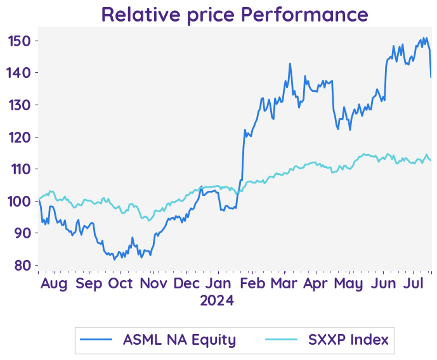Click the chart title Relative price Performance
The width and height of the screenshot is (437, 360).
[x=234, y=13]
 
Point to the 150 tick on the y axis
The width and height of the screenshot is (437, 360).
[x=20, y=41]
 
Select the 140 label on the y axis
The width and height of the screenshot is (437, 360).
[x=20, y=73]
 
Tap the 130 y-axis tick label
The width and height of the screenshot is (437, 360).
[x=20, y=105]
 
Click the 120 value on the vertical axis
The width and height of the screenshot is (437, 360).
[x=20, y=137]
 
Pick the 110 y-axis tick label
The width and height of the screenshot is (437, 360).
[x=20, y=169]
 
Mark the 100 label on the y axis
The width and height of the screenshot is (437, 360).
[x=20, y=201]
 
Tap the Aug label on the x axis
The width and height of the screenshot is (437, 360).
[x=54, y=283]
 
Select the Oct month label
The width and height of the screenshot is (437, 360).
[x=121, y=283]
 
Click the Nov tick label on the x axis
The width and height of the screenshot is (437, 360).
[x=154, y=283]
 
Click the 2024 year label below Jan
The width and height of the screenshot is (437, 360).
[x=218, y=300]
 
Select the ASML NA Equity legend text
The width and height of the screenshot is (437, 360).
[x=179, y=340]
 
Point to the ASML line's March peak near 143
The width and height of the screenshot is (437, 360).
[x=290, y=63]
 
